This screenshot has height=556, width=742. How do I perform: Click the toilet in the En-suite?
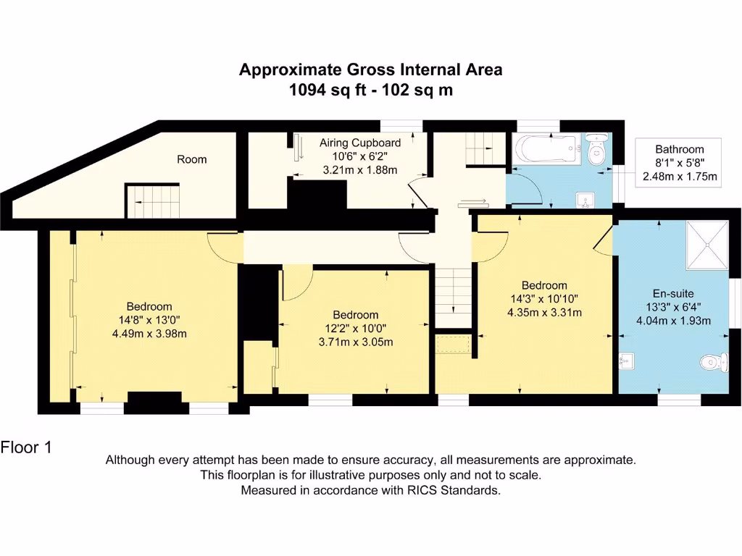pos(713,362)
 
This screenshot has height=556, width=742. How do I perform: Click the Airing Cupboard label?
pos(359,143)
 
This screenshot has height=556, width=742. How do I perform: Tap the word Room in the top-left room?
pos(192,159)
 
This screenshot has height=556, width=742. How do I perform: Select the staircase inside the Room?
pos(153,201)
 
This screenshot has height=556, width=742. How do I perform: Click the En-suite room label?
pos(673,294)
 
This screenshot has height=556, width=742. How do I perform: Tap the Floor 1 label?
pos(26,447)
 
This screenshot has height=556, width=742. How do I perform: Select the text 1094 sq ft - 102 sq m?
pos(370,90)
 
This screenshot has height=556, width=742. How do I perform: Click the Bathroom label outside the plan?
pos(679,150)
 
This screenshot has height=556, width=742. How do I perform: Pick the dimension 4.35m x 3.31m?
pos(544,312)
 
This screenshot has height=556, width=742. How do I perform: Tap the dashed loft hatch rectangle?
pos(454,345)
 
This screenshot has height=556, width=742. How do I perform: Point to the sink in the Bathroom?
pos(585,200)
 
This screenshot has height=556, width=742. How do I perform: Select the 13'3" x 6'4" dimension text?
pos(673,308)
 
